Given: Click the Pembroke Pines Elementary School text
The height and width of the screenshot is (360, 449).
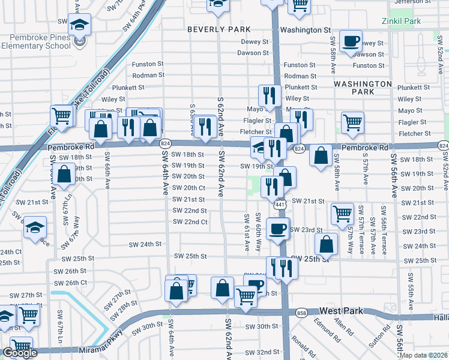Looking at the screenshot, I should coord(36,40).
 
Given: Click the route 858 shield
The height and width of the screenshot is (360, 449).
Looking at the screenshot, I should coord(300,313).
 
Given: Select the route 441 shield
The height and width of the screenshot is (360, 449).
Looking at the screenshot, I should coord(280,205).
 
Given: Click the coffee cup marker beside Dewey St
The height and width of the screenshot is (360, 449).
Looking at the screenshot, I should coord(351,41).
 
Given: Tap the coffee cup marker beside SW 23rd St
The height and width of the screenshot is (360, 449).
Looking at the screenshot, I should coord(277,229).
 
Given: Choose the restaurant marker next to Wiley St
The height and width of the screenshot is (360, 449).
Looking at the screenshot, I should coord(270,95).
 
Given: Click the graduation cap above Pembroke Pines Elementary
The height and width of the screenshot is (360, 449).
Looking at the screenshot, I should coord(79,25).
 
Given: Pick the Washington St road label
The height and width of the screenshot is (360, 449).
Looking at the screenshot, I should coord(306,29).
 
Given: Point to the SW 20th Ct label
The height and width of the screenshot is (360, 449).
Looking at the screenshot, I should coord(189,188).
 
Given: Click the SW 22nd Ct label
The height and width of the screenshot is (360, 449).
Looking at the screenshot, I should coord(190,222).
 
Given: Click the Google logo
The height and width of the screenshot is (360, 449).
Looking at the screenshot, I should coord(20,353).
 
